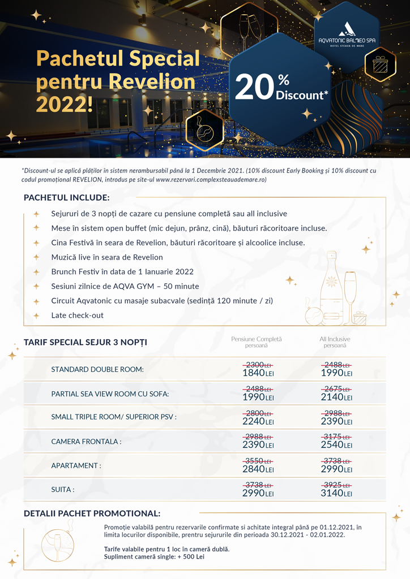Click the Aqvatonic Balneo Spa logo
(x=347, y=35)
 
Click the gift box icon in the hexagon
(x=380, y=66)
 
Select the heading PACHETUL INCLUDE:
(x=67, y=198)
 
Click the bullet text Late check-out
(x=78, y=315)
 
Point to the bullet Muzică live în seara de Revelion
(x=107, y=257)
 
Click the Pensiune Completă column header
(x=256, y=342)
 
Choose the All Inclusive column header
(x=335, y=342)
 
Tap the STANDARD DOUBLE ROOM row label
(x=97, y=369)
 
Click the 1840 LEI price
(x=258, y=373)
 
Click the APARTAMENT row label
(x=76, y=466)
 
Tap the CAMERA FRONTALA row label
(x=86, y=442)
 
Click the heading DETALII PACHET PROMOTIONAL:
(x=92, y=513)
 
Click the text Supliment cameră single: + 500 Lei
(x=154, y=557)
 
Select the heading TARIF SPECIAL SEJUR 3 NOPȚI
(x=86, y=342)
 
